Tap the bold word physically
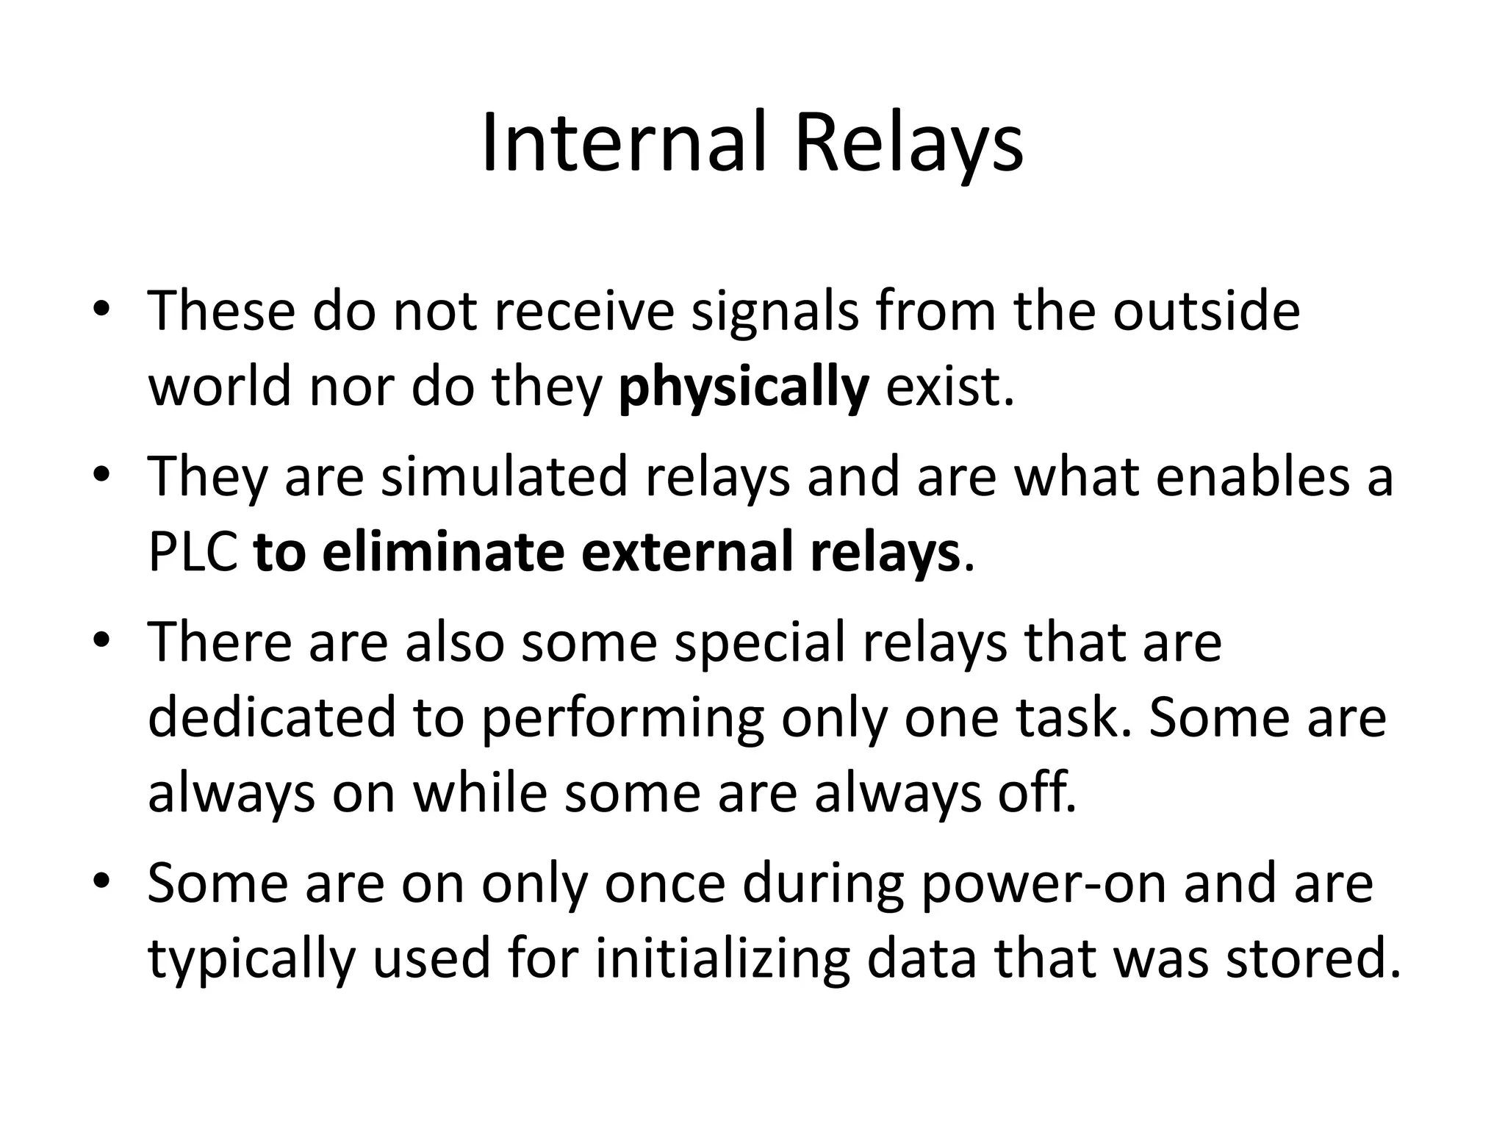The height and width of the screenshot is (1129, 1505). (744, 388)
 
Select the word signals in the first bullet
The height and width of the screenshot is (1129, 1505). (775, 312)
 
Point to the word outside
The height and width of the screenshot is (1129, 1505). (1206, 312)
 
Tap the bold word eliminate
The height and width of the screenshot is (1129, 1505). (444, 552)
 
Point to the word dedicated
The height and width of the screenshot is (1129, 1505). (272, 717)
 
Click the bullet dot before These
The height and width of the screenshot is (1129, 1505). (101, 309)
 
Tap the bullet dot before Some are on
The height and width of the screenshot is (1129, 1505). (101, 880)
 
